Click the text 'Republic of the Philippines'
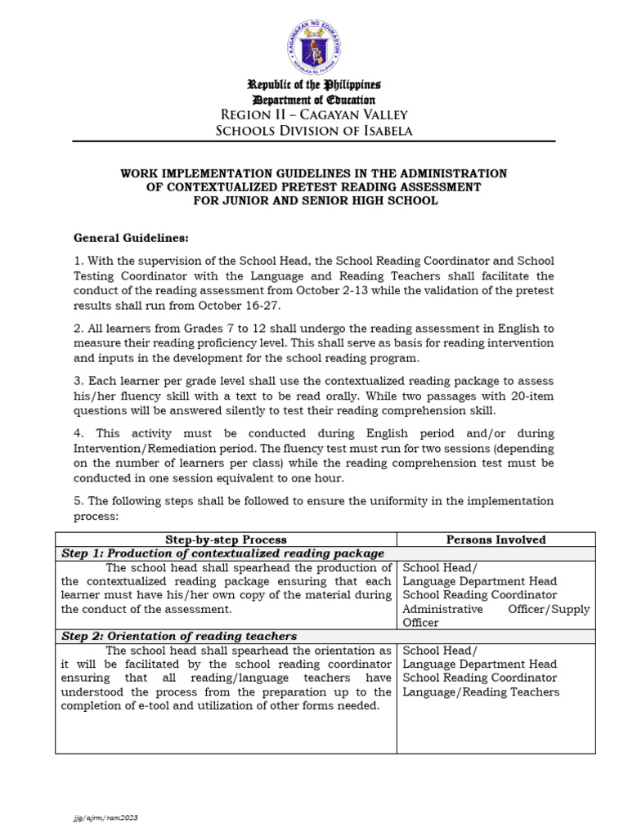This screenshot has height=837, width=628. pos(314,85)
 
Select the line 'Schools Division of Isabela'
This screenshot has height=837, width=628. pos(314,131)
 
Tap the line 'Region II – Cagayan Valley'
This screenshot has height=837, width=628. pos(314,114)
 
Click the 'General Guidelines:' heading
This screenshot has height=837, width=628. pos(131,238)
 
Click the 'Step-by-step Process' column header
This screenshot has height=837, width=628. pos(226,539)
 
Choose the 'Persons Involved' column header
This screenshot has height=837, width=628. pos(496,539)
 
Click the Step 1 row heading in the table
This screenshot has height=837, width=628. pos(223,553)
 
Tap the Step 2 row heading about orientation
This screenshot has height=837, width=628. pos(180,636)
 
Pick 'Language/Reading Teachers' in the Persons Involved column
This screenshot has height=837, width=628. pos(481,692)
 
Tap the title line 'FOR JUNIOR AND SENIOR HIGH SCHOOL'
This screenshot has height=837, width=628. pos(314,200)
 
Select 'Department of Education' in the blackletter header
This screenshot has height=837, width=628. pos(314,100)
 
